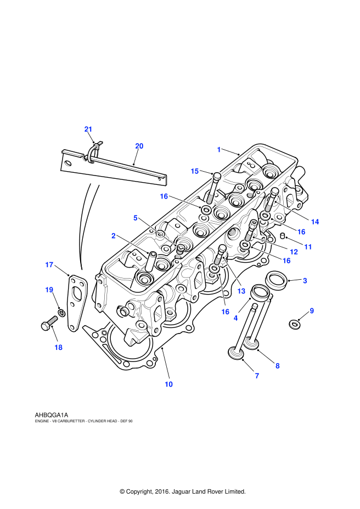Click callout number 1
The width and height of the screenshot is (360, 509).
tap(218, 149)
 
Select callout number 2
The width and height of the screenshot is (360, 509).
tap(114, 236)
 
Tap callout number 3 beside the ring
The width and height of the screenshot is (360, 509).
tap(305, 280)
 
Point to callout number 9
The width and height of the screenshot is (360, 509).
tap(312, 311)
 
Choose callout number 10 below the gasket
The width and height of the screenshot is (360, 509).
tap(168, 384)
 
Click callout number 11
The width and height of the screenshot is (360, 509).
tap(308, 247)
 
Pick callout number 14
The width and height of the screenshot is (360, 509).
tap(314, 222)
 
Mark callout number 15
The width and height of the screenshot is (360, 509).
tap(194, 171)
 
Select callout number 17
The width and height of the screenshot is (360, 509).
tap(49, 265)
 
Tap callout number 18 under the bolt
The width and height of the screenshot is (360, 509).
tap(58, 347)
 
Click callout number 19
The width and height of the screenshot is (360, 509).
tap(49, 290)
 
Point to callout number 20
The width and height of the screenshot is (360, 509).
tap(139, 146)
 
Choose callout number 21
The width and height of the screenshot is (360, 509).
tap(88, 129)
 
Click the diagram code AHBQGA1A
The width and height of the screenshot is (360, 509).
tap(51, 415)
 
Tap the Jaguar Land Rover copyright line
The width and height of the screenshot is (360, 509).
tap(182, 491)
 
